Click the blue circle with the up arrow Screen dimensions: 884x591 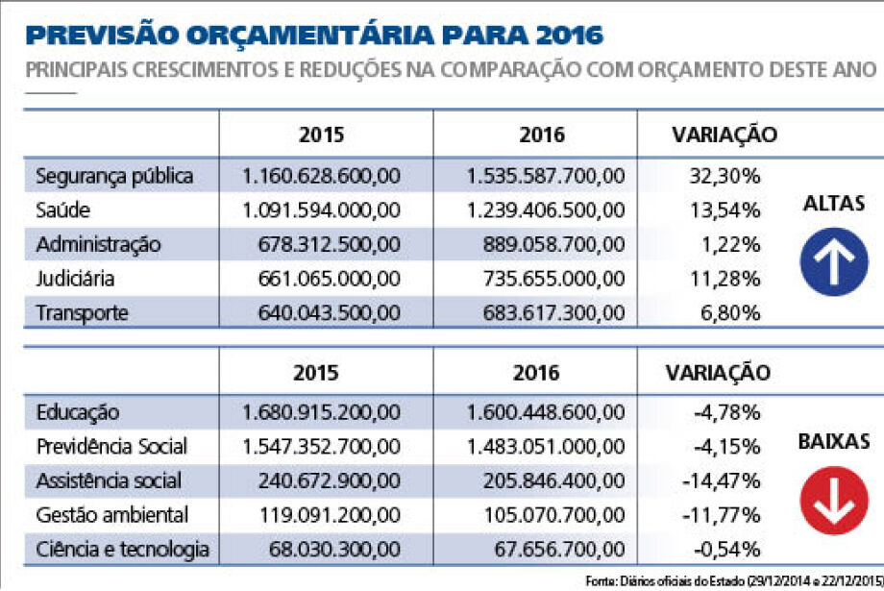pos(834,261)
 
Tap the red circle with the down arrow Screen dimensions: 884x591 pos(834,501)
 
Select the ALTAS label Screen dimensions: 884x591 pos(834,203)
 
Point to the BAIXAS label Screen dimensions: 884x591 pos(834,441)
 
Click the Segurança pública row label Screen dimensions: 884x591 pos(114,177)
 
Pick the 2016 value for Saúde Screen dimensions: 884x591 pos(546,210)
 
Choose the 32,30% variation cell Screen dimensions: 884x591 pos(725,176)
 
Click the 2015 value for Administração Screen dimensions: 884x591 pos(330,244)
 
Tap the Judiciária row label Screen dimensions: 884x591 pos(75,279)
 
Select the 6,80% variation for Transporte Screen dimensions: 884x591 pos(730,313)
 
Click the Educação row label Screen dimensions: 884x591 pos(77,413)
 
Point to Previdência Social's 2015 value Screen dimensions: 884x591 pos(321,447)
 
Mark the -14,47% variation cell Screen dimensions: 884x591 pos(721,481)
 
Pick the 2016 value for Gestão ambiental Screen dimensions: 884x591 pos(554,515)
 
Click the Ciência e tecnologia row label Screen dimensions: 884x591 pos(122,550)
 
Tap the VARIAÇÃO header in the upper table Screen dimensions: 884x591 pos(724,135)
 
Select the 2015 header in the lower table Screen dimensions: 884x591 pos(316,373)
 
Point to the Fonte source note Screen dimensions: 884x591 pos(734,580)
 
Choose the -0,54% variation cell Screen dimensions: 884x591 pos(726,550)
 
